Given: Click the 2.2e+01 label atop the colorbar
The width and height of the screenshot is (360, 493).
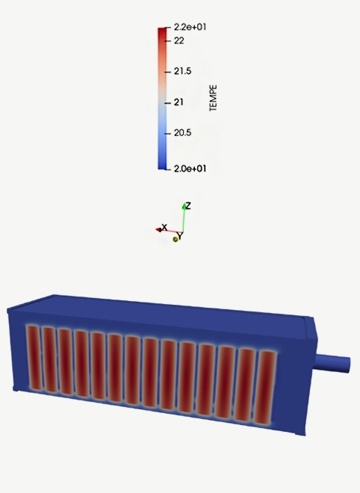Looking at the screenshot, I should tap(190, 28).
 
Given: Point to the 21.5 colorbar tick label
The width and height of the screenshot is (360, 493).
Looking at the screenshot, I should tap(183, 72).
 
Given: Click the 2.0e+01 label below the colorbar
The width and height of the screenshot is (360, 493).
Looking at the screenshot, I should tap(190, 169).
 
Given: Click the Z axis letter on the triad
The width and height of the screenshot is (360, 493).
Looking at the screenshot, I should tap(188, 205).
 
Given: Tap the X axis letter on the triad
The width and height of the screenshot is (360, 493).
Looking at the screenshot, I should tap(164, 226).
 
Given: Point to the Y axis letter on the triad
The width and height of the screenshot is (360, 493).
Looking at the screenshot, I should tap(180, 236).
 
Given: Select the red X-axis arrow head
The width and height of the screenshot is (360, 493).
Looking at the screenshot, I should tap(159, 229).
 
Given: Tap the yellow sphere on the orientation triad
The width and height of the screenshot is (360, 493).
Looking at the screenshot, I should tap(176, 239).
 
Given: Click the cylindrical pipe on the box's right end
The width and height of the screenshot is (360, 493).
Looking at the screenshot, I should tap(334, 365).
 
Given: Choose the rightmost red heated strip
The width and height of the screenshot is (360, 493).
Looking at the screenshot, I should tap(267, 385).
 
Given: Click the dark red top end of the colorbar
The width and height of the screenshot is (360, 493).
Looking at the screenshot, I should tap(161, 31).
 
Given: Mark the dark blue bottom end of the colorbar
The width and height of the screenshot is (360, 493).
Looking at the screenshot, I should tap(161, 165).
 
